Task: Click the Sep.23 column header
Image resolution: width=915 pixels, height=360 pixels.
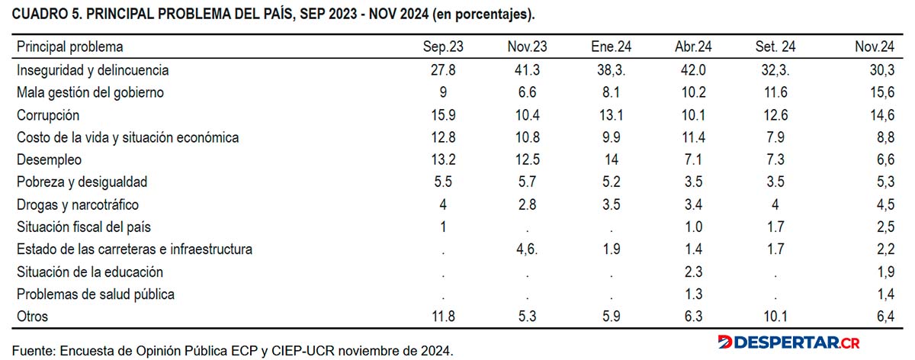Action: pyautogui.click(x=443, y=47)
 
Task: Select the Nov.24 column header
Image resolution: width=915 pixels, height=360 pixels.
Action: pyautogui.click(x=874, y=47)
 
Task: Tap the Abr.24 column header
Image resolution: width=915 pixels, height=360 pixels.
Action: pyautogui.click(x=693, y=47)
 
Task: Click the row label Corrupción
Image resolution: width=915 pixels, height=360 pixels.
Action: pyautogui.click(x=48, y=116)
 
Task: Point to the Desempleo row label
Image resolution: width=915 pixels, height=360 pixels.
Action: pyautogui.click(x=49, y=159)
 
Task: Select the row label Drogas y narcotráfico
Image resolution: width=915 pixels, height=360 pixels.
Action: pyautogui.click(x=78, y=204)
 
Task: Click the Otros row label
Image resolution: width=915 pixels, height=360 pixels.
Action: pyautogui.click(x=32, y=317)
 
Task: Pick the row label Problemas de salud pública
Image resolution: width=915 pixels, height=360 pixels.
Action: pyautogui.click(x=95, y=294)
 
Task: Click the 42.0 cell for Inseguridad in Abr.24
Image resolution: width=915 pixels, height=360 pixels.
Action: pyautogui.click(x=693, y=70)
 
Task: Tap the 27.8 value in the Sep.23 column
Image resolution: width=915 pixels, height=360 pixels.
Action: pyautogui.click(x=443, y=70)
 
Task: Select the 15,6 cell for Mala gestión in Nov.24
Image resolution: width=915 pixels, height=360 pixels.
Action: pyautogui.click(x=882, y=93)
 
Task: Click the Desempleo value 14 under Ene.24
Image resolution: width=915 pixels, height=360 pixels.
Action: pyautogui.click(x=611, y=159)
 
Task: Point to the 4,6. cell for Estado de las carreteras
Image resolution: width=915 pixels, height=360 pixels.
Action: pyautogui.click(x=527, y=249)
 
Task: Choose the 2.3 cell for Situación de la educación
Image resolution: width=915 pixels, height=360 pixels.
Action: pyautogui.click(x=693, y=272)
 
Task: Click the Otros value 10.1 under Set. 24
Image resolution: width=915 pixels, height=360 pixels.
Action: pyautogui.click(x=775, y=317)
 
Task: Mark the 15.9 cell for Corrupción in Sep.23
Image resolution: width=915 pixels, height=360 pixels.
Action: pyautogui.click(x=443, y=115)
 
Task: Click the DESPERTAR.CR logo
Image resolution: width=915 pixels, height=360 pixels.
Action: pyautogui.click(x=788, y=342)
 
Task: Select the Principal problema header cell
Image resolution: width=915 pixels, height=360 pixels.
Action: pyautogui.click(x=70, y=47)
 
